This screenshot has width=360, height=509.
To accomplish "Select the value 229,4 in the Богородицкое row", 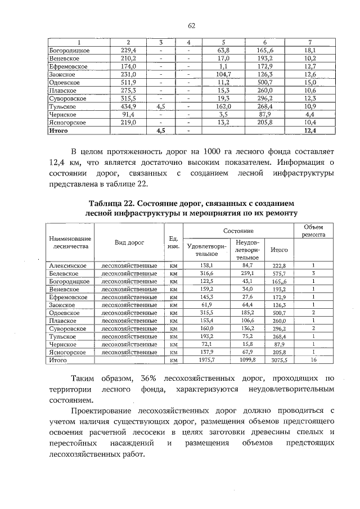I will coord(129,50).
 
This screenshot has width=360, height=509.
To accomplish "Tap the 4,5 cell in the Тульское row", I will coord(160,106).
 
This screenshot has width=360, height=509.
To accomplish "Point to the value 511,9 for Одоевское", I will coord(129,82).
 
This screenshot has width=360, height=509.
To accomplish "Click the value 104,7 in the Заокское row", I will coord(223,74).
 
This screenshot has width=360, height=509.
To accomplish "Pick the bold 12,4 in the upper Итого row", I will coord(310,130).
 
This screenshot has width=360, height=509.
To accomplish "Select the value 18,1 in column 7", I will coord(310,50).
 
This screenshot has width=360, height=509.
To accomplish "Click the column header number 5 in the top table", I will coord(223,42).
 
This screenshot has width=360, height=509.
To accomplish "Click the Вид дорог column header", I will coord(129,242).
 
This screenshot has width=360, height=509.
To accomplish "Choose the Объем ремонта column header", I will coord(310,230).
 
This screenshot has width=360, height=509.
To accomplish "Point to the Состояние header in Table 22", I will coord(238,231).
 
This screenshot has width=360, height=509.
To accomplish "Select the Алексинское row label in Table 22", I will coord(67,265).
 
